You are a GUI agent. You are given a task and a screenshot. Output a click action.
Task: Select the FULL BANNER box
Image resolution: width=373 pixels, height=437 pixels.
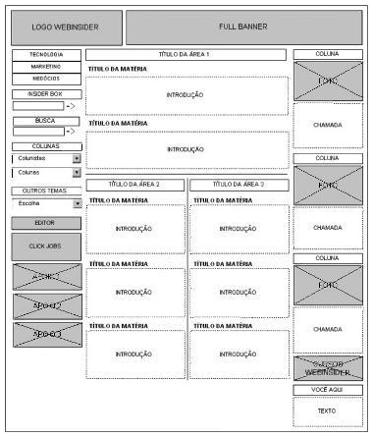pyautogui.click(x=241, y=27)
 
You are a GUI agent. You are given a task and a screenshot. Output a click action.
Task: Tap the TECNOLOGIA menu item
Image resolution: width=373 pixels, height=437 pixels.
pyautogui.click(x=46, y=55)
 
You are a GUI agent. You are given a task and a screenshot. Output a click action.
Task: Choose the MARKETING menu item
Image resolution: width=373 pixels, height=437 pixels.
pyautogui.click(x=46, y=66)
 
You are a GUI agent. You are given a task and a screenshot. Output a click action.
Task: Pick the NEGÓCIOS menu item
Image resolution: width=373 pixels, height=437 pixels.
pyautogui.click(x=46, y=77)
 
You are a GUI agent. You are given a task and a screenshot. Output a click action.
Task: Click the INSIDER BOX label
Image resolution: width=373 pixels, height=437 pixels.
pyautogui.click(x=46, y=93)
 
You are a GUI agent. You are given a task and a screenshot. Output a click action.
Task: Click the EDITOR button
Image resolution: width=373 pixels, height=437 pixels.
pyautogui.click(x=46, y=223)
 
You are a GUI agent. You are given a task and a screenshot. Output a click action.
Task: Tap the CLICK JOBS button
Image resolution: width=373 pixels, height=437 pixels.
pyautogui.click(x=46, y=246)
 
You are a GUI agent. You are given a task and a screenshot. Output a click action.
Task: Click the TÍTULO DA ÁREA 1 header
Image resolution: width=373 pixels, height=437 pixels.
pyautogui.click(x=185, y=54)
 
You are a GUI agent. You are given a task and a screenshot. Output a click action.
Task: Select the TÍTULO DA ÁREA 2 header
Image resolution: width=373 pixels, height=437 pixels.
pyautogui.click(x=133, y=184)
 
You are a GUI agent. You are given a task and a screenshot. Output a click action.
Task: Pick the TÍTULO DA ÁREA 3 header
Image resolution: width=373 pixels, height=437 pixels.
pyautogui.click(x=239, y=184)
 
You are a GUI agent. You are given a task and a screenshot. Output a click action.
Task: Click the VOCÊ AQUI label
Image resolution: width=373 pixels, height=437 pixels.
pyautogui.click(x=327, y=390)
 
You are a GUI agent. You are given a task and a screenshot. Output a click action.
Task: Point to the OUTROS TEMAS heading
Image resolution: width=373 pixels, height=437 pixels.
pyautogui.click(x=46, y=190)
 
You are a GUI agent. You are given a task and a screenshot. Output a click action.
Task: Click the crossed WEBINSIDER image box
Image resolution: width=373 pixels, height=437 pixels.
pyautogui.click(x=327, y=368)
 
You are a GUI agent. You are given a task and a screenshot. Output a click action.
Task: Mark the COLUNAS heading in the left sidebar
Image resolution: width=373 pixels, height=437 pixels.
pyautogui.click(x=46, y=144)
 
